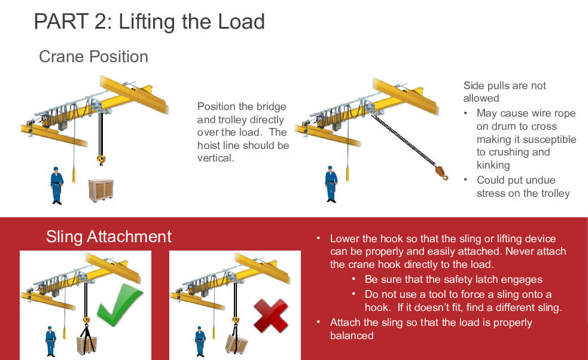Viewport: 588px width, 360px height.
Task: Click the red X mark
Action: pyautogui.click(x=271, y=316)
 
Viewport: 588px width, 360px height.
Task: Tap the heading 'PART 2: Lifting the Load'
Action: pyautogui.click(x=150, y=22)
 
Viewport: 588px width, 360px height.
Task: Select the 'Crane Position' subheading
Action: pyautogui.click(x=93, y=57)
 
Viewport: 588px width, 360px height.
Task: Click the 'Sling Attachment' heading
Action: pyautogui.click(x=109, y=237)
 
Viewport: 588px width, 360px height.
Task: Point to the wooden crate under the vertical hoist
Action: pyautogui.click(x=101, y=190)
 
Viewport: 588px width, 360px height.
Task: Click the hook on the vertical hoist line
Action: pyautogui.click(x=101, y=160)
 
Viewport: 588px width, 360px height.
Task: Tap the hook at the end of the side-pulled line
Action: pyautogui.click(x=441, y=173)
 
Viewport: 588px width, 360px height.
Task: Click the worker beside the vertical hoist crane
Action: pyautogui.click(x=57, y=185)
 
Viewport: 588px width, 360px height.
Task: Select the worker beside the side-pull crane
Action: pyautogui.click(x=331, y=184)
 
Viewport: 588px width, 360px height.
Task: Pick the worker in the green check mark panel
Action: pyautogui.click(x=51, y=341)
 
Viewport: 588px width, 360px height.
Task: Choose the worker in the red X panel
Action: pyautogui.click(x=200, y=341)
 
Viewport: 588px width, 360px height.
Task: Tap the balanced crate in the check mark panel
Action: pyautogui.click(x=87, y=345)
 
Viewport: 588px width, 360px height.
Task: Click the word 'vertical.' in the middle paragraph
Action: pyautogui.click(x=215, y=158)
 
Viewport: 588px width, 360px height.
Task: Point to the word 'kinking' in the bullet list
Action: pyautogui.click(x=493, y=166)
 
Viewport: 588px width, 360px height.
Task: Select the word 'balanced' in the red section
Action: pyautogui.click(x=352, y=335)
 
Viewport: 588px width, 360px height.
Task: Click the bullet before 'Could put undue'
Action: pyautogui.click(x=465, y=180)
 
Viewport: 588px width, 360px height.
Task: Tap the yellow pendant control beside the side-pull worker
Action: pyautogui.click(x=348, y=175)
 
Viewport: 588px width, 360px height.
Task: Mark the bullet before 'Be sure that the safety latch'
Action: pyautogui.click(x=354, y=279)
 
